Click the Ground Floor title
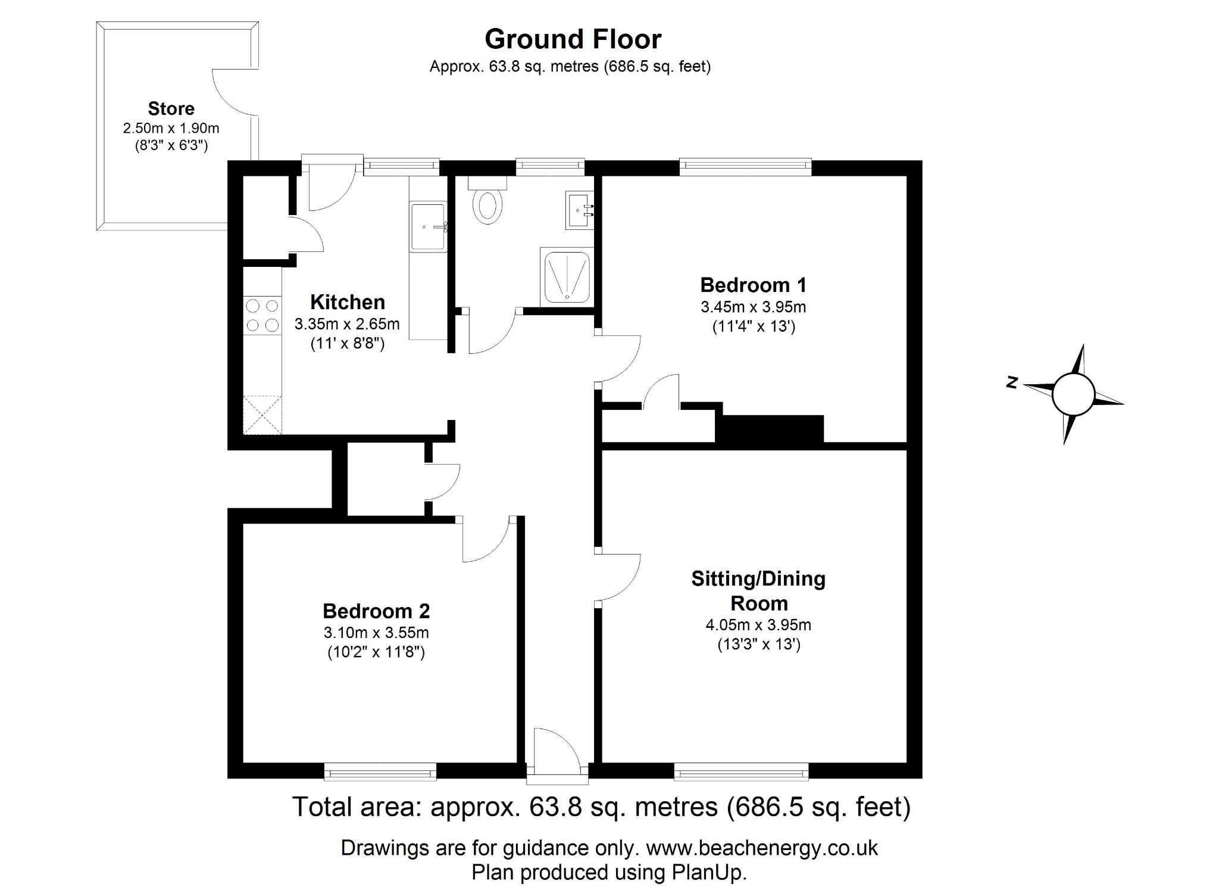[x=573, y=39]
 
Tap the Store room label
[x=171, y=108]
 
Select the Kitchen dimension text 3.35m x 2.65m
[x=347, y=325]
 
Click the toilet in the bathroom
[x=487, y=204]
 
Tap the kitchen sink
[x=428, y=226]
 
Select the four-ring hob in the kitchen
[x=262, y=315]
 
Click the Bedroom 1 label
[x=753, y=285]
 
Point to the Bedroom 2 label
[x=376, y=611]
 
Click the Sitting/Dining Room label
[x=758, y=590]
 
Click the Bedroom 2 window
[x=380, y=773]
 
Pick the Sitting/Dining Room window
[x=741, y=773]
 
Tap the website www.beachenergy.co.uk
[x=761, y=848]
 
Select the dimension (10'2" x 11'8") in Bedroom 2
[x=376, y=652]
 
